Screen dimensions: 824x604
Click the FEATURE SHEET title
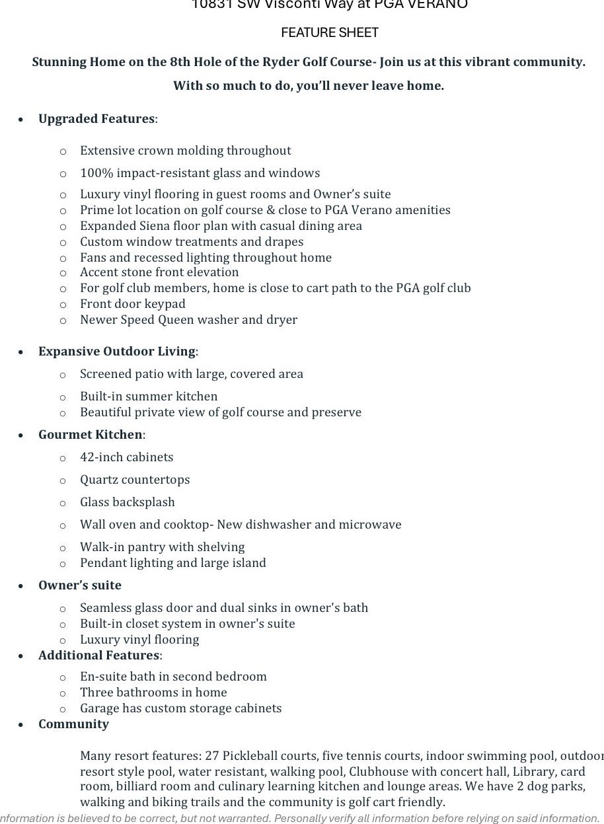330,32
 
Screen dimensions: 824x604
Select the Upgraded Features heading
96,119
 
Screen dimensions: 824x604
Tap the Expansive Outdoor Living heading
117,352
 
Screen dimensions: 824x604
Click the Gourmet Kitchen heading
91,435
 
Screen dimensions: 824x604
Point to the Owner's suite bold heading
80,585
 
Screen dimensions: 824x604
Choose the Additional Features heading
99,655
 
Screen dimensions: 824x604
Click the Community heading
73,724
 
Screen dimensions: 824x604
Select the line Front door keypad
133,304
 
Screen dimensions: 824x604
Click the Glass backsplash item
128,502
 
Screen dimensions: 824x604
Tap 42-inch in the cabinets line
98,457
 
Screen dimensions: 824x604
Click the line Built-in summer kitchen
149,396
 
